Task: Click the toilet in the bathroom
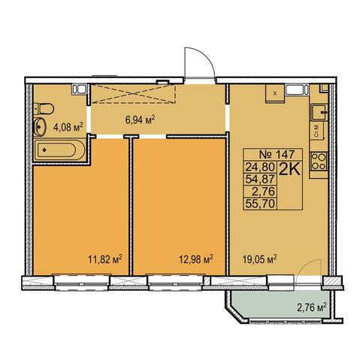[x=44, y=109]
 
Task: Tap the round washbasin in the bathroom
[x=40, y=127]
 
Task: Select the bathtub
[x=59, y=150]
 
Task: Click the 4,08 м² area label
[x=68, y=127]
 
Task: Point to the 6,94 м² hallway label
[x=141, y=119]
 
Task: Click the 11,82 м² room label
[x=105, y=259]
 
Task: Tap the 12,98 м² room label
[x=196, y=259]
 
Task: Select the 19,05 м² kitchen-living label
[x=259, y=259]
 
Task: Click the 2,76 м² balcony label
[x=312, y=307]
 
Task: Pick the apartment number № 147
[x=277, y=154]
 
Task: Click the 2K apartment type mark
[x=289, y=170]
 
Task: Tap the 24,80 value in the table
[x=261, y=166]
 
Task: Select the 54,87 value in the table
[x=261, y=179]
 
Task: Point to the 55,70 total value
[x=261, y=204]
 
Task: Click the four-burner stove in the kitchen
[x=319, y=162]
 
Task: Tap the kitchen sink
[x=319, y=112]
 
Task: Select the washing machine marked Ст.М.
[x=319, y=130]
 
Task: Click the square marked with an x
[x=275, y=94]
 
